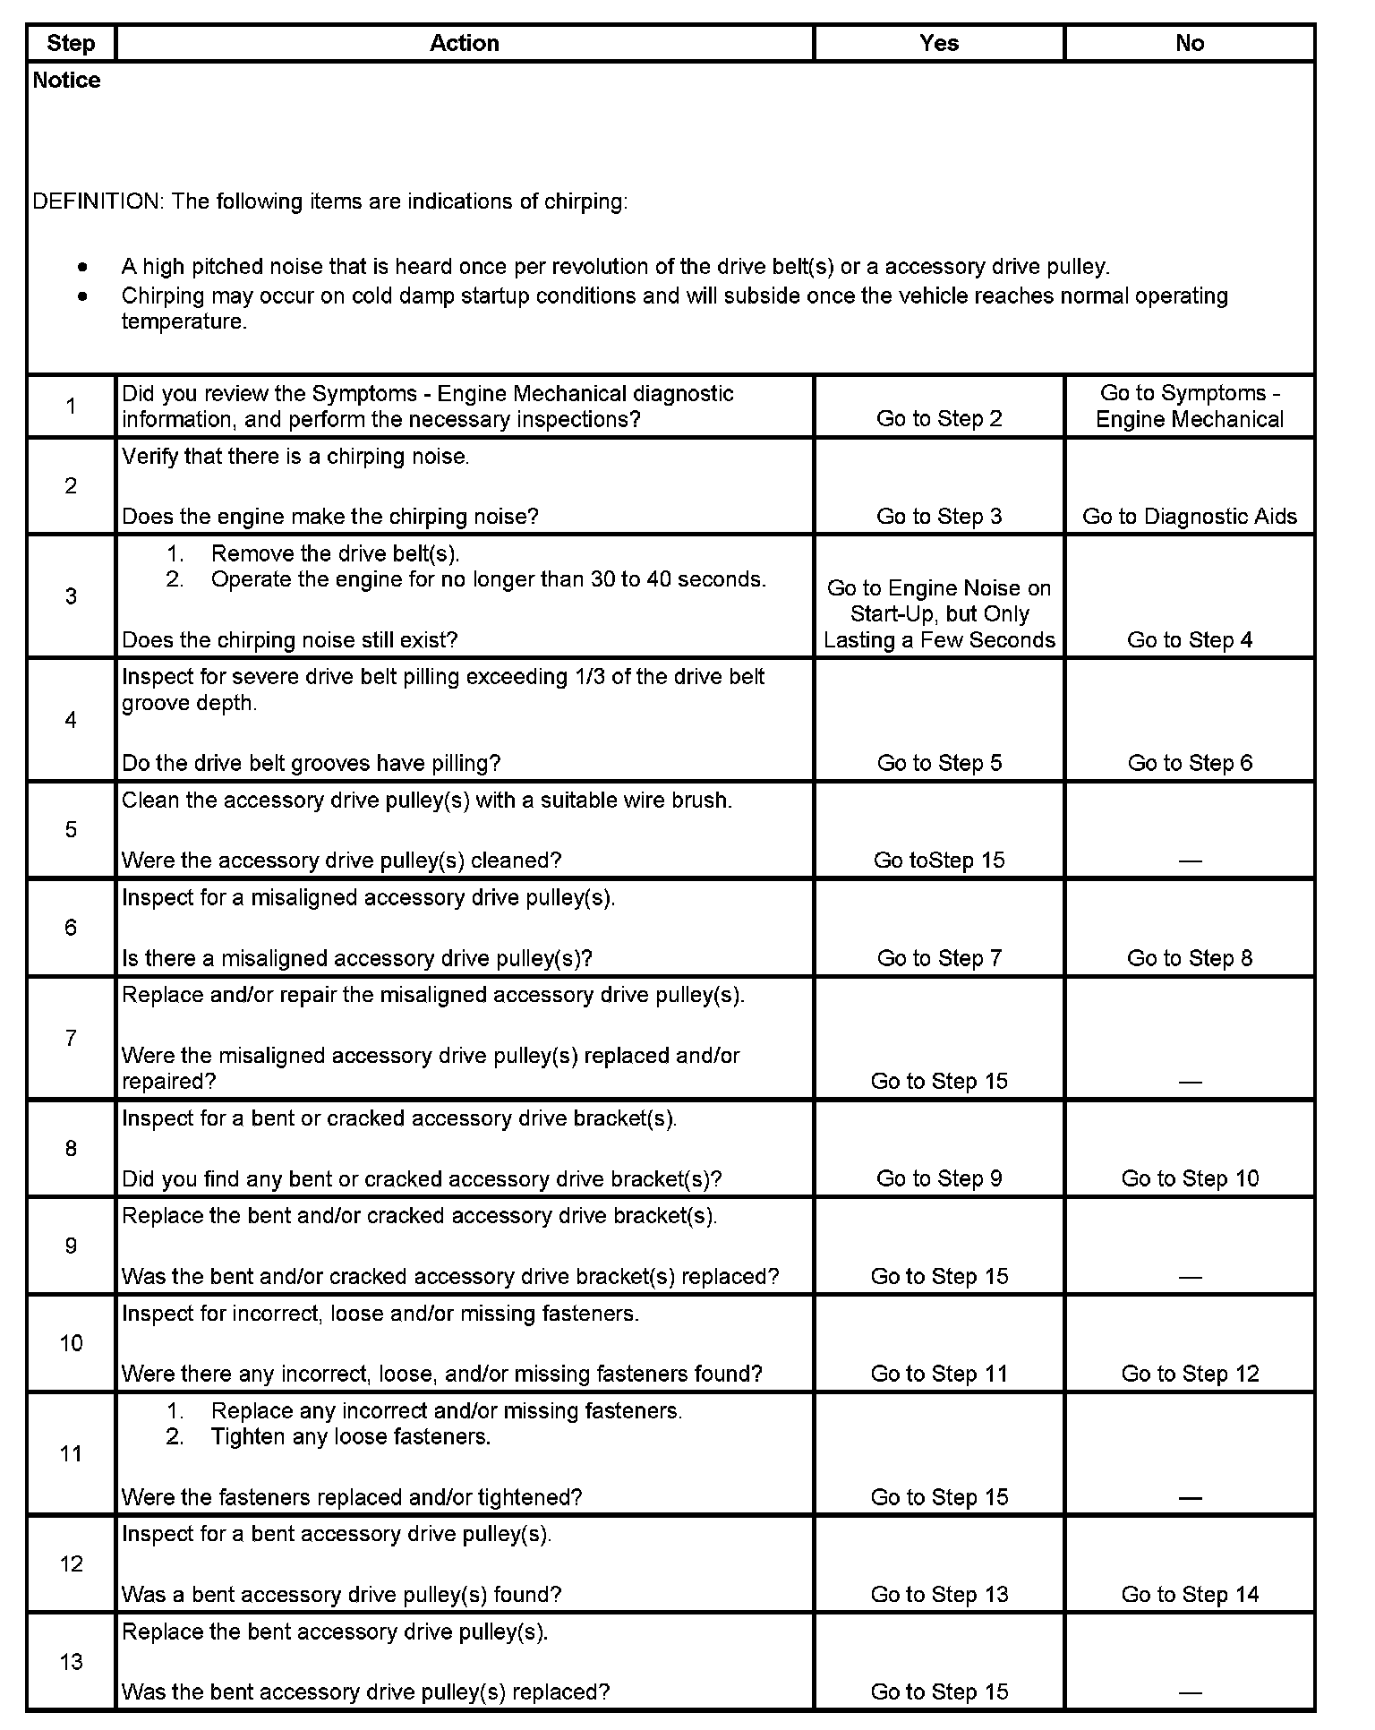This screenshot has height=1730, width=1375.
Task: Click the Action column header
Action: (464, 43)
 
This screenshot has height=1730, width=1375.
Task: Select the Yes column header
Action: (938, 43)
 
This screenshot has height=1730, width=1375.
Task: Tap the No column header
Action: (1189, 43)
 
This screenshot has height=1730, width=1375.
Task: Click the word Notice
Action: (66, 81)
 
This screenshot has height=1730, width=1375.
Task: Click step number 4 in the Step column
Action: (71, 720)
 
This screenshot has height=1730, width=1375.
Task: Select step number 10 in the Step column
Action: (71, 1343)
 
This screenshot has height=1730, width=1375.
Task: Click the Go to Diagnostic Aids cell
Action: (1189, 517)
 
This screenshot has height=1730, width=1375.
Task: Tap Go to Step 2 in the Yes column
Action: (938, 419)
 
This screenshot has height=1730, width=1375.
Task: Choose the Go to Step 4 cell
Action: (1189, 640)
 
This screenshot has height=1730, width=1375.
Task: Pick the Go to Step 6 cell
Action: (1189, 763)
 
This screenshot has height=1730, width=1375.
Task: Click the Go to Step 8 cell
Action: (1189, 958)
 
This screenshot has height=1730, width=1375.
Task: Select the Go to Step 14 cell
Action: (1189, 1595)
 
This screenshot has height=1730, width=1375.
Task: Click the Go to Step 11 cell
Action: (938, 1374)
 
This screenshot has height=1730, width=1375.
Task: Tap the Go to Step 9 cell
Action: (938, 1178)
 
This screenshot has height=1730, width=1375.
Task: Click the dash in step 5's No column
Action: (1189, 861)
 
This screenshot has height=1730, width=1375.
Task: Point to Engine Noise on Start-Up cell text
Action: (938, 614)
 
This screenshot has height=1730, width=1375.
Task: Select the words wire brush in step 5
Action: (684, 801)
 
